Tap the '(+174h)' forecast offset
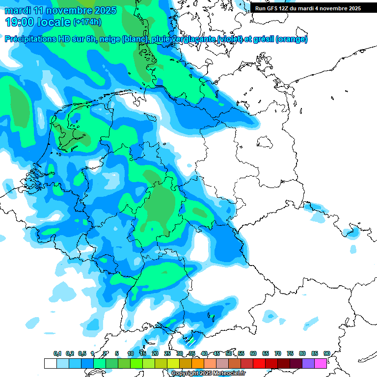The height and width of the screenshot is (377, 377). tap(87, 22)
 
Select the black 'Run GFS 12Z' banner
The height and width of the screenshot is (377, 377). tap(308, 8)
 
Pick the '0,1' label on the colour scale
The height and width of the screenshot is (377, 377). tap(57, 354)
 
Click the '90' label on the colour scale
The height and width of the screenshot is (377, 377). tap(326, 354)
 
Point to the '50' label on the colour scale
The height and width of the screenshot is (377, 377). tap(229, 354)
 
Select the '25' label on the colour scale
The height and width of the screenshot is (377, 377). tap(167, 354)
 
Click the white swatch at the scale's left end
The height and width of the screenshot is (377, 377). tap(50, 364)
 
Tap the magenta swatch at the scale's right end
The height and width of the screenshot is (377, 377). tap(321, 364)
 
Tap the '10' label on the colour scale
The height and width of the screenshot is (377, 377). tap(131, 354)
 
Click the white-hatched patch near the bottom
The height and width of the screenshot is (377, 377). tap(191, 340)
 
